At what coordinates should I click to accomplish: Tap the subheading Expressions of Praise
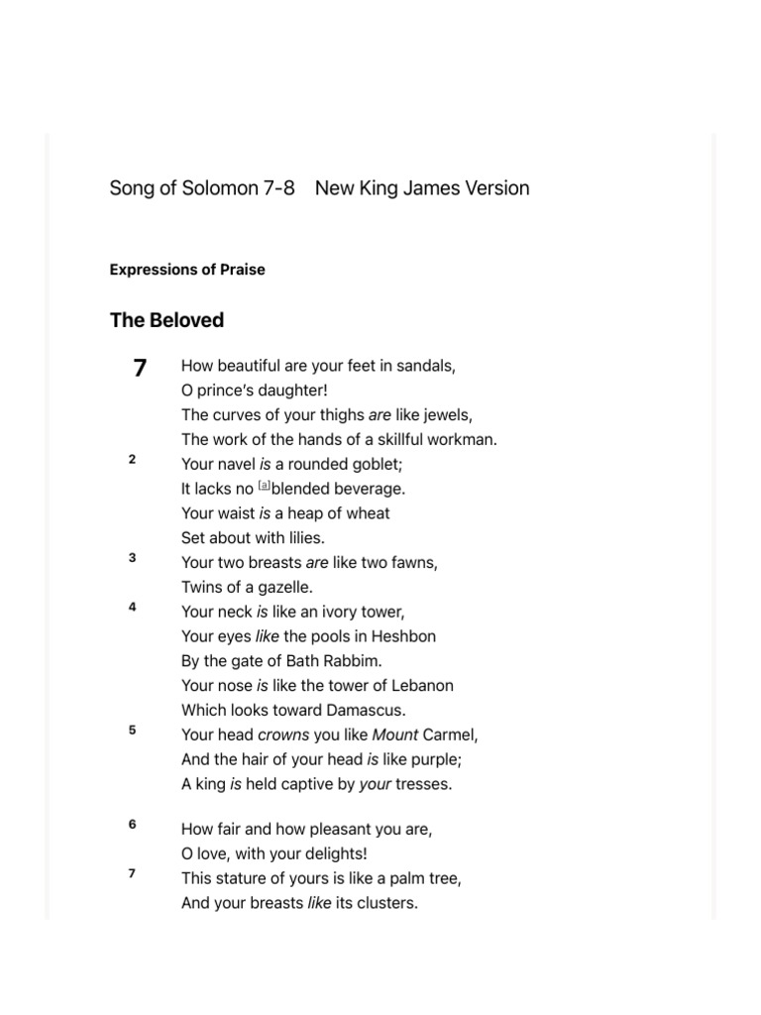[x=187, y=270]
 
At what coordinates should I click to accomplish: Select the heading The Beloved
[x=166, y=320]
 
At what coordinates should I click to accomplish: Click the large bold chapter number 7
[x=140, y=368]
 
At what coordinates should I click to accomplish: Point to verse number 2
[x=132, y=459]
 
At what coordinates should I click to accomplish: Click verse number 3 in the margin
[x=132, y=558]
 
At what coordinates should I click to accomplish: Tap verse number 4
[x=132, y=607]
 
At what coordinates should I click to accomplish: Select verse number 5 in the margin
[x=132, y=731]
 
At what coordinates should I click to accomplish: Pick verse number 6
[x=132, y=824]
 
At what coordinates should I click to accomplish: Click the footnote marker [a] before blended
[x=264, y=486]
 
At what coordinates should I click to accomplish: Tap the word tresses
[x=422, y=784]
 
